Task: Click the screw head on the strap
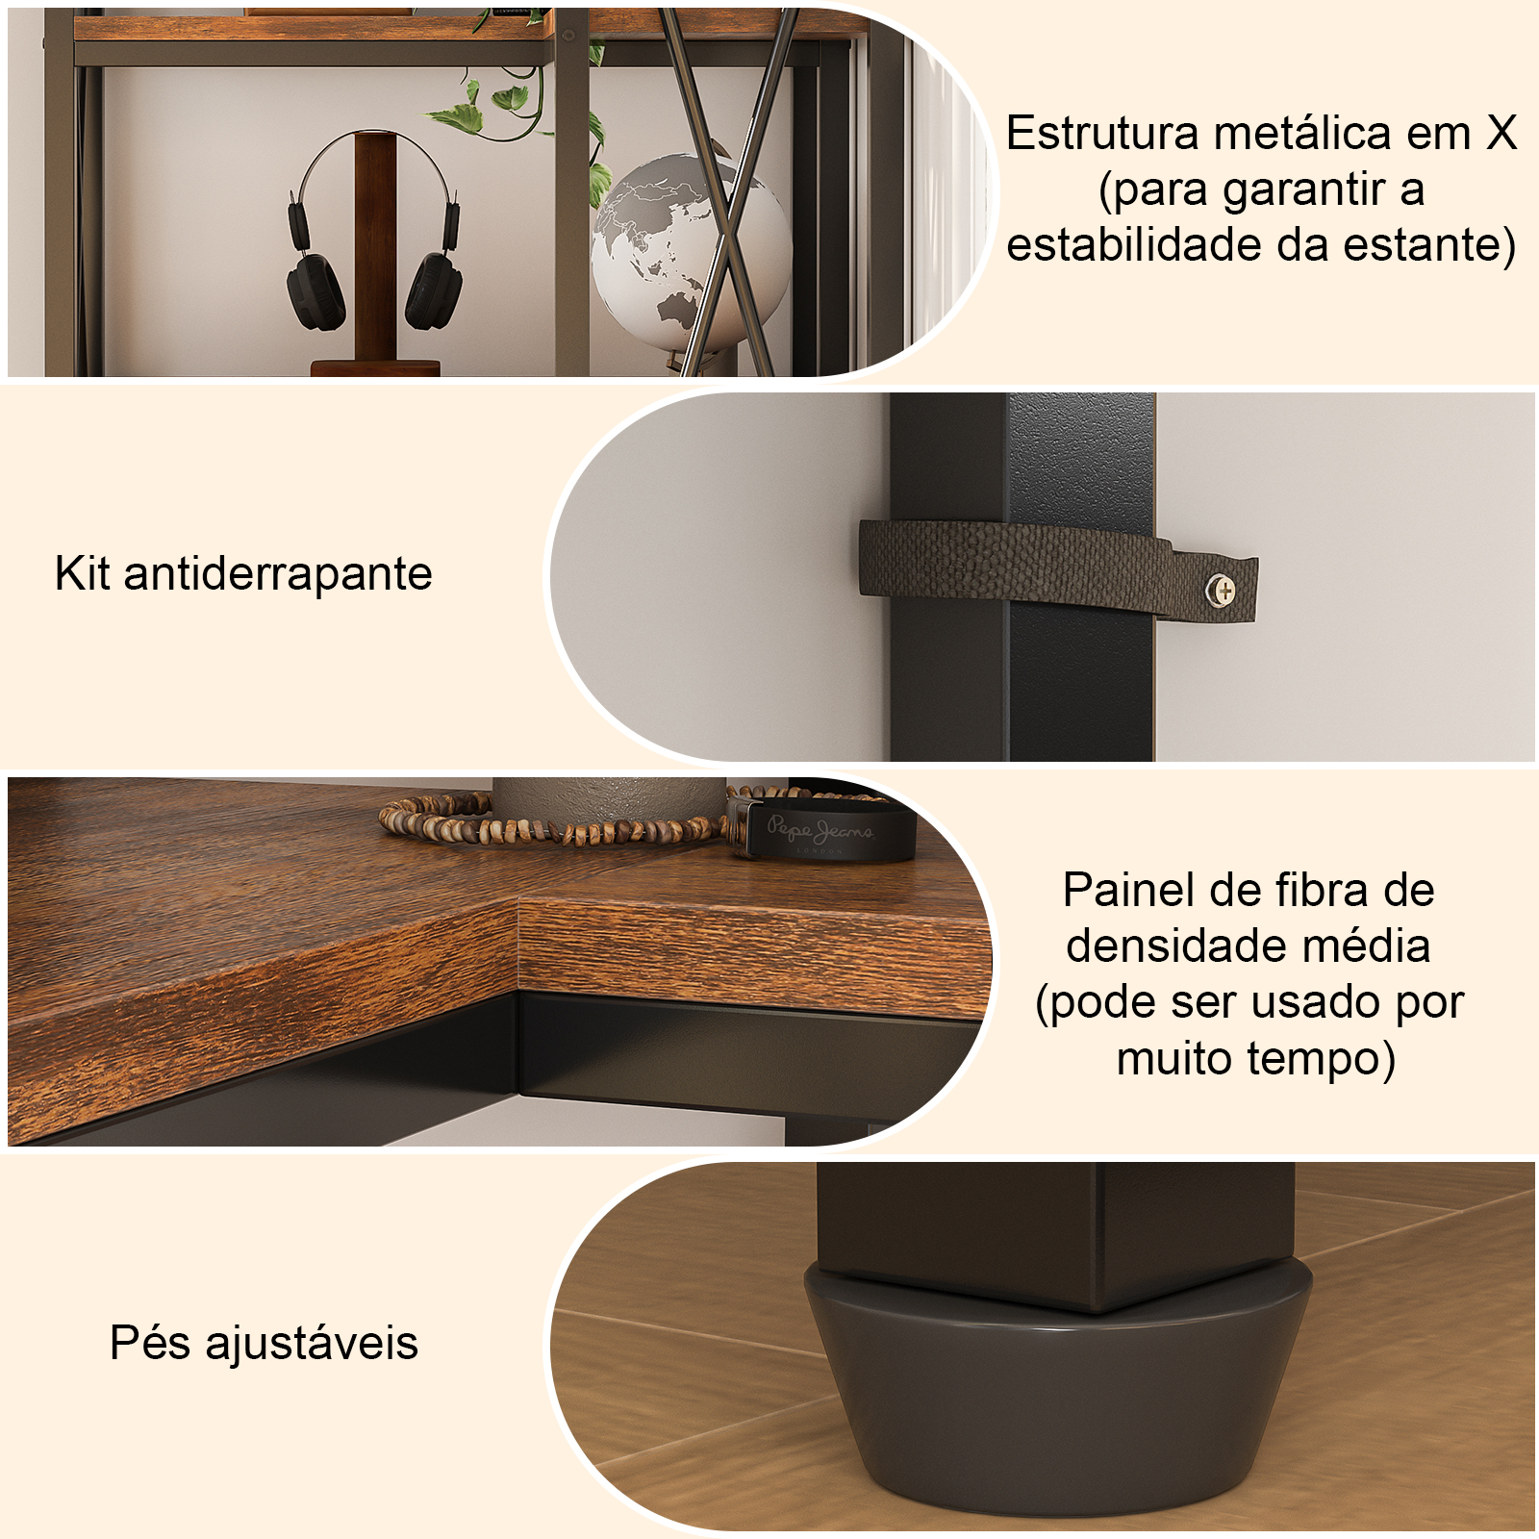point(1224,590)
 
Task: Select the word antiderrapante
point(278,574)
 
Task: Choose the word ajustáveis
point(312,1344)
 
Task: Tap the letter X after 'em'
point(1501,134)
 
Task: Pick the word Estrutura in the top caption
point(1102,134)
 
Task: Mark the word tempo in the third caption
point(1322,1059)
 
